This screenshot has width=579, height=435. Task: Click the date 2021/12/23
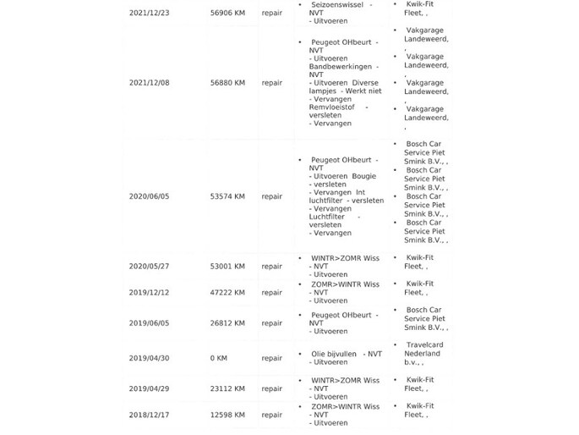[149, 14]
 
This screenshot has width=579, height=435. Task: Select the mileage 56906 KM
[227, 14]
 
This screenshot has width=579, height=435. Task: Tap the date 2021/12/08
[149, 83]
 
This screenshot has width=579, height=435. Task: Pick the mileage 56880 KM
[227, 83]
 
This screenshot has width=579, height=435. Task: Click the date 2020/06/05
[149, 196]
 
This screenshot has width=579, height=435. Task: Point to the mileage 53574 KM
[227, 196]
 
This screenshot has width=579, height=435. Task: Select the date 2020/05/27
[149, 267]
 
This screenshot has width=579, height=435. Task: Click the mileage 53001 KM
[227, 267]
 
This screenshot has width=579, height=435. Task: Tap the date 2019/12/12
[149, 293]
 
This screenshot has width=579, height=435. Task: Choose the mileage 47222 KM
[227, 293]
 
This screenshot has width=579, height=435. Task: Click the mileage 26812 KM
[227, 323]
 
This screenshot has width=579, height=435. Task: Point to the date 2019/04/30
[149, 358]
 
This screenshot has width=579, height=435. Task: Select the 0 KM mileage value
[219, 358]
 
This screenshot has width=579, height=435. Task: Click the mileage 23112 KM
[227, 389]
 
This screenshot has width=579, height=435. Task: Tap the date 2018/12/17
[149, 416]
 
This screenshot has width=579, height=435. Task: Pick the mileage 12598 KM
[227, 416]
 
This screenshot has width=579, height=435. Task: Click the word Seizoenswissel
[336, 5]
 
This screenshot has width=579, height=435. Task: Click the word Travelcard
[424, 345]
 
